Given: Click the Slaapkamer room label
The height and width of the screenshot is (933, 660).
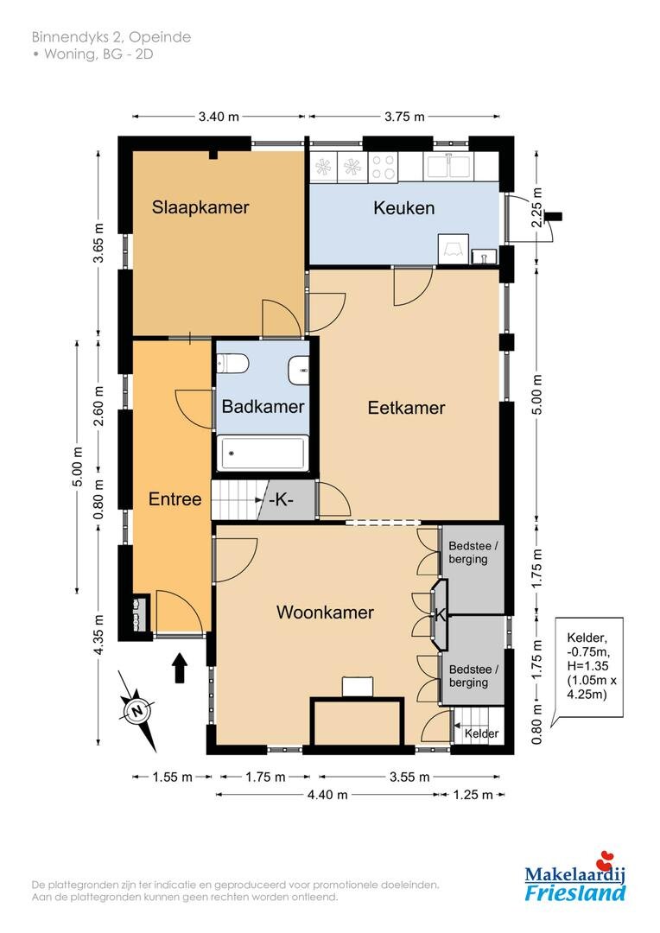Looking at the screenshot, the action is (200, 207).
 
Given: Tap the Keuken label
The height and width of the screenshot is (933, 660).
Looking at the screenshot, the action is (403, 207).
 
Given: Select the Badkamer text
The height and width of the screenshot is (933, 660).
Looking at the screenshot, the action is (263, 406).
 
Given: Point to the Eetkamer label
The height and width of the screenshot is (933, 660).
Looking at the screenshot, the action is (406, 408).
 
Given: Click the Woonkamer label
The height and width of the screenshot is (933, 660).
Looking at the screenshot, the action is (325, 612).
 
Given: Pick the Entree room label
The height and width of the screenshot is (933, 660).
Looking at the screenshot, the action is (175, 498).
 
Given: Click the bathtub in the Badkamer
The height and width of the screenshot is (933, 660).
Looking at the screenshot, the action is (263, 454).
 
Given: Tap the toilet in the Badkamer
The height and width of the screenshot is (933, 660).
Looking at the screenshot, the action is (232, 363).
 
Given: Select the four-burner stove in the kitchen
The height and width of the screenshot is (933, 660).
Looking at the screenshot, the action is (383, 167).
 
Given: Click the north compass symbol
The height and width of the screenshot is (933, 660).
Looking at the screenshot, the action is (138, 710).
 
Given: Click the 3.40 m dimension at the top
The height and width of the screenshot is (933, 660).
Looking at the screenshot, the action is (219, 117).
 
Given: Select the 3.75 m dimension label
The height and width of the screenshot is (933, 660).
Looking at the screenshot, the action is (404, 117).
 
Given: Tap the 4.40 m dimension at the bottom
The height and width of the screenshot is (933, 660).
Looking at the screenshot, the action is (327, 795).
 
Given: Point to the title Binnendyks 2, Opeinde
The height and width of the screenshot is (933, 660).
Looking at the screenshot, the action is (111, 37).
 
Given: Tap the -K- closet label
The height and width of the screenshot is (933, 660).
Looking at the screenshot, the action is (282, 500).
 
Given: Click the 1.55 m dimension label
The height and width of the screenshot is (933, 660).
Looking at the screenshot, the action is (173, 777).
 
